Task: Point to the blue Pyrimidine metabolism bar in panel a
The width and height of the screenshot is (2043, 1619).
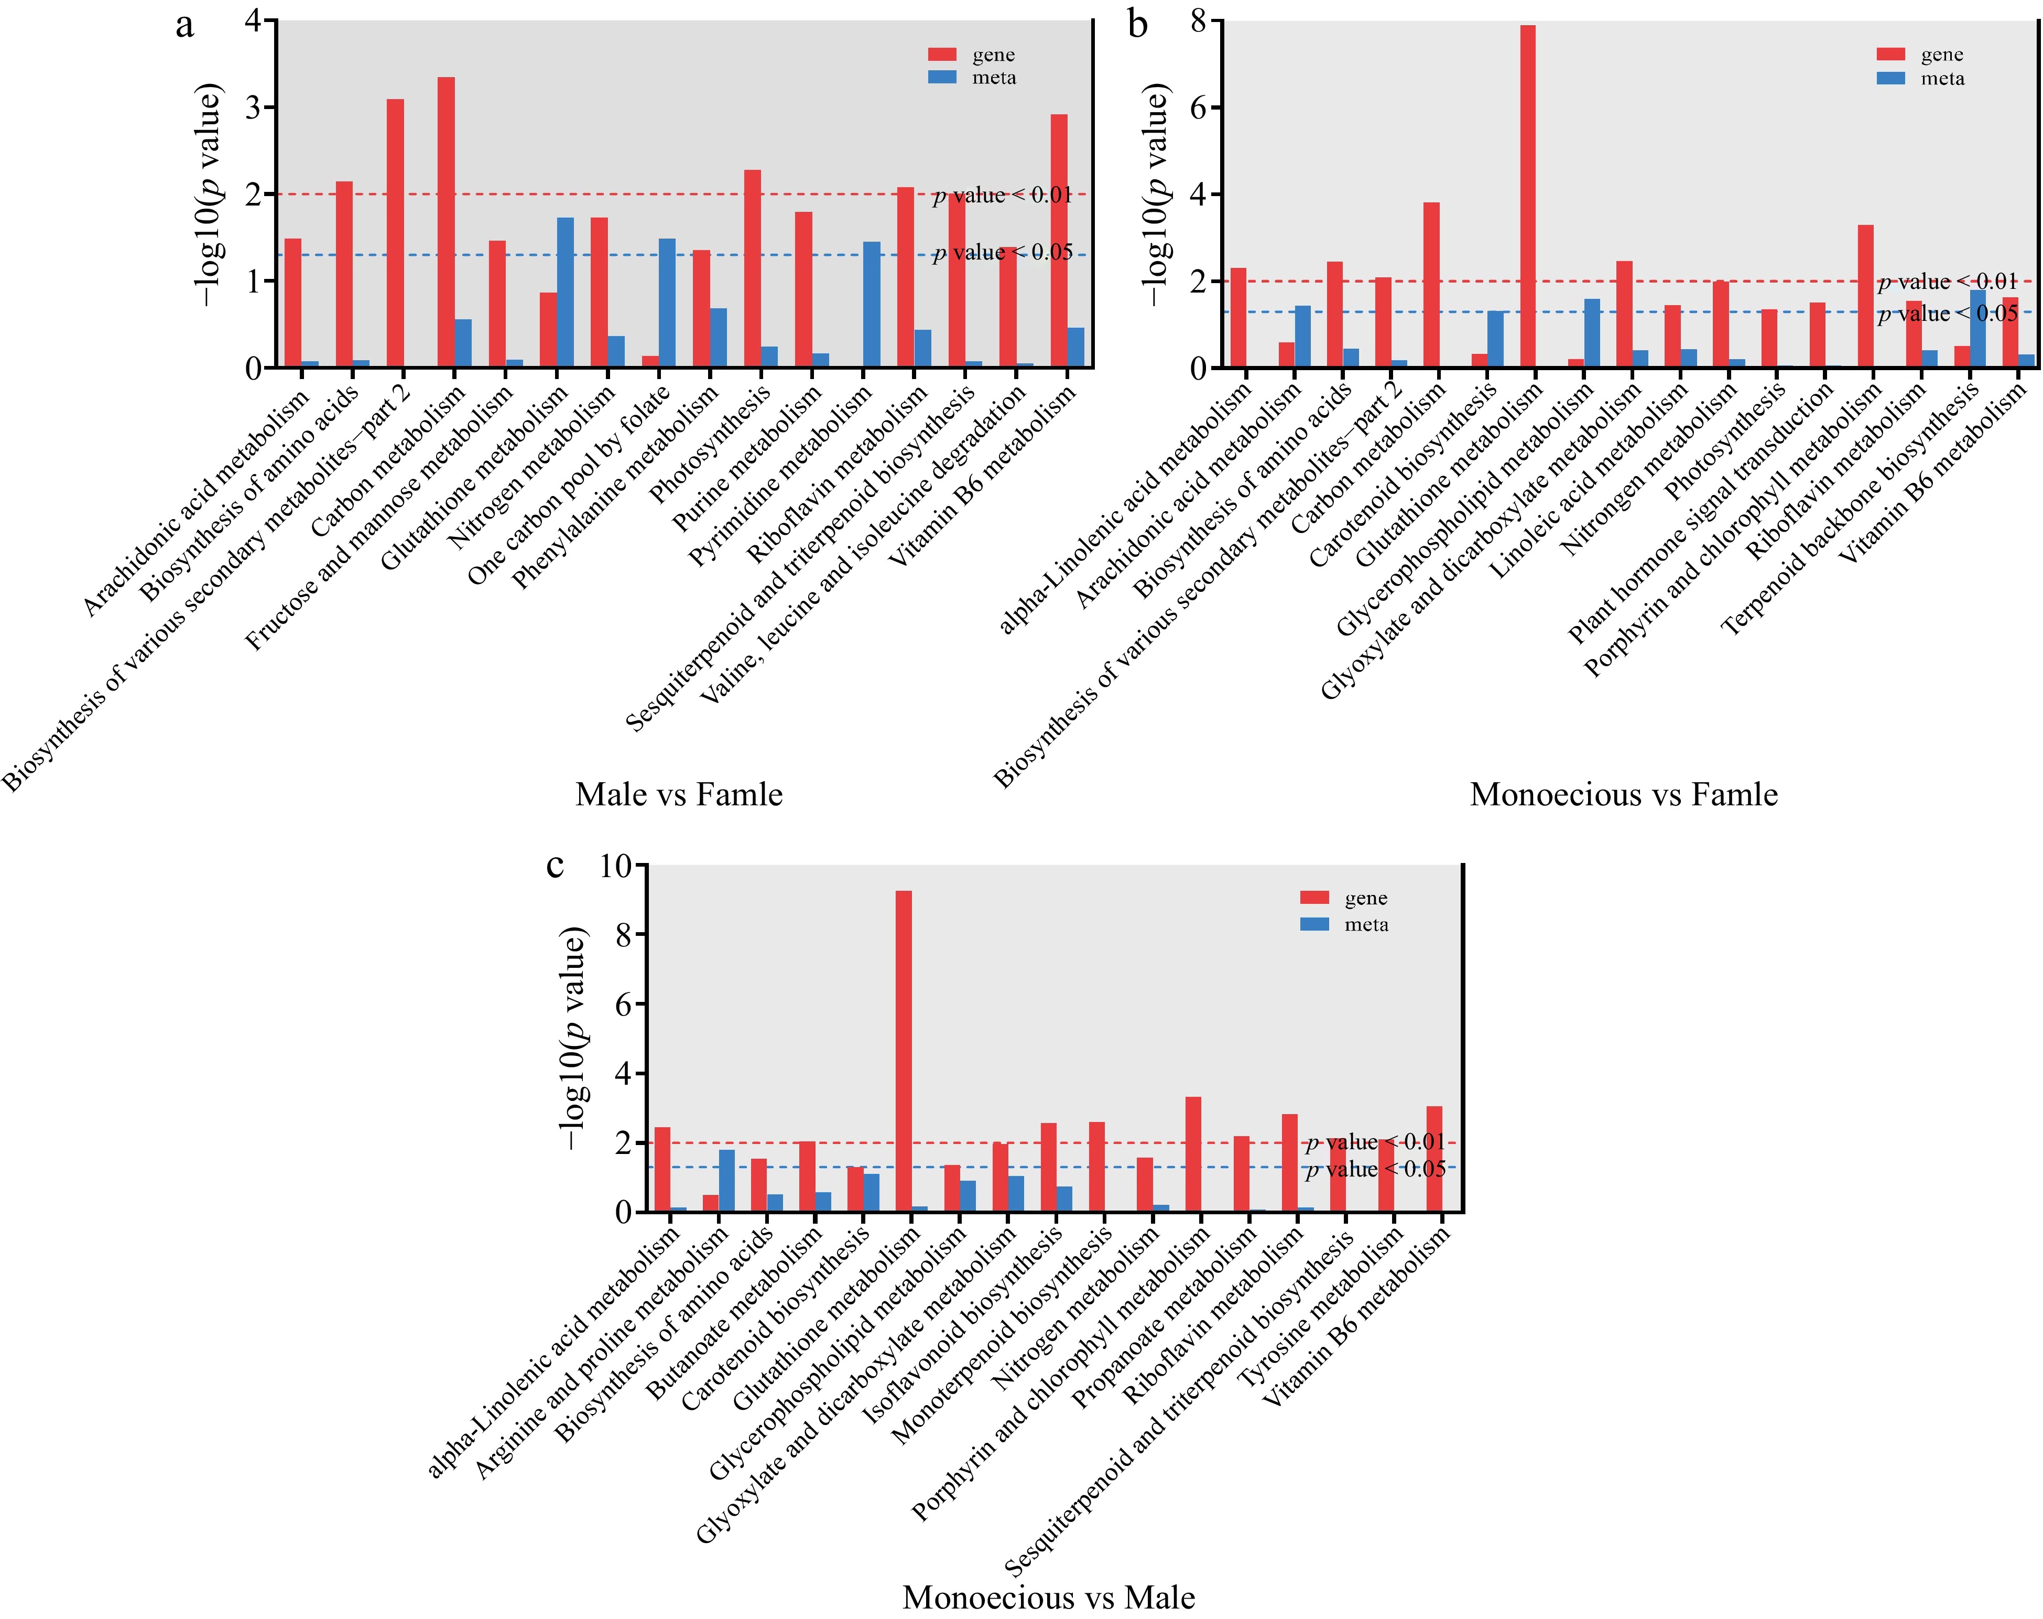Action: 872,304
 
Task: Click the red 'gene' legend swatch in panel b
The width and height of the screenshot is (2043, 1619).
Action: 1890,54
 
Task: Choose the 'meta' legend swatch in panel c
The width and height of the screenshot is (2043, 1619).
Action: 1314,924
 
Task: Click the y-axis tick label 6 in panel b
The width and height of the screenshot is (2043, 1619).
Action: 1200,107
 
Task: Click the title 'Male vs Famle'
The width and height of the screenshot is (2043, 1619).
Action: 679,794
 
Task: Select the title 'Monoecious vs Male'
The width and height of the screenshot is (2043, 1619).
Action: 1048,1597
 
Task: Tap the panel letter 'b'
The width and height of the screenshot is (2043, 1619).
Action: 1138,25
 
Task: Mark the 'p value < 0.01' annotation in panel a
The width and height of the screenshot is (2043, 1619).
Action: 1003,195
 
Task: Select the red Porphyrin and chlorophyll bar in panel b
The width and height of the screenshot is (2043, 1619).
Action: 1866,296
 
